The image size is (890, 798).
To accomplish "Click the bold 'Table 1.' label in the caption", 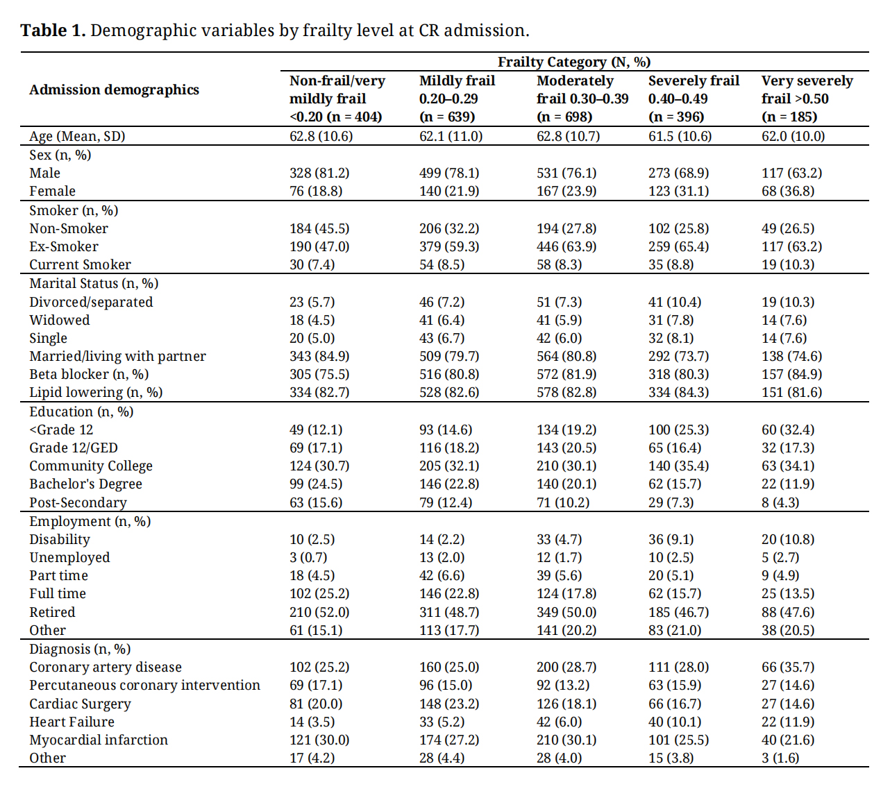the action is (53, 31).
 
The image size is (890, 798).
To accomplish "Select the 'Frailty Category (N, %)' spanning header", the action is (574, 62).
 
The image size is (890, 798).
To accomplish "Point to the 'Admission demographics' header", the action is (115, 90).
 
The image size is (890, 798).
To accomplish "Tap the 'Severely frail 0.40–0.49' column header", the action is (694, 99).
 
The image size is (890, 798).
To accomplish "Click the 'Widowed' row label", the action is (59, 320).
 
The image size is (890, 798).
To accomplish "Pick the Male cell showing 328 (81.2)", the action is (319, 173).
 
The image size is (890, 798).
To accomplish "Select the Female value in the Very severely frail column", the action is (788, 191).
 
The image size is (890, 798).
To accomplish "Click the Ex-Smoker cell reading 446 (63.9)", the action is (566, 246).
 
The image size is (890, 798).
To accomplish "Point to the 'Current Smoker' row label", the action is (80, 264).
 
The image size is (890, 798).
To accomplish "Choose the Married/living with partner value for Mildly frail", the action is (449, 356).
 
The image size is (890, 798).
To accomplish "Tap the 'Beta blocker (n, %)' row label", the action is (89, 374).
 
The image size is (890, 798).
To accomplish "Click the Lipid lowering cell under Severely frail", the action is (678, 392).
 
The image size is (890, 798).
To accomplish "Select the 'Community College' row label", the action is (91, 466).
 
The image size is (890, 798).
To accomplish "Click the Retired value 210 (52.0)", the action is (319, 612).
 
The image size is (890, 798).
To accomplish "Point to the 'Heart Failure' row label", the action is (72, 722).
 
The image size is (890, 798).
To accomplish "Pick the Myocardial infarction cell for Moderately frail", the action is (566, 740).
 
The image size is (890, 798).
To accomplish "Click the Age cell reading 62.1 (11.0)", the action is (451, 136).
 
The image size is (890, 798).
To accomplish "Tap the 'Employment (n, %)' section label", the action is (90, 521).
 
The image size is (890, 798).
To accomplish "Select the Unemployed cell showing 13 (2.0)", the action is (442, 557).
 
